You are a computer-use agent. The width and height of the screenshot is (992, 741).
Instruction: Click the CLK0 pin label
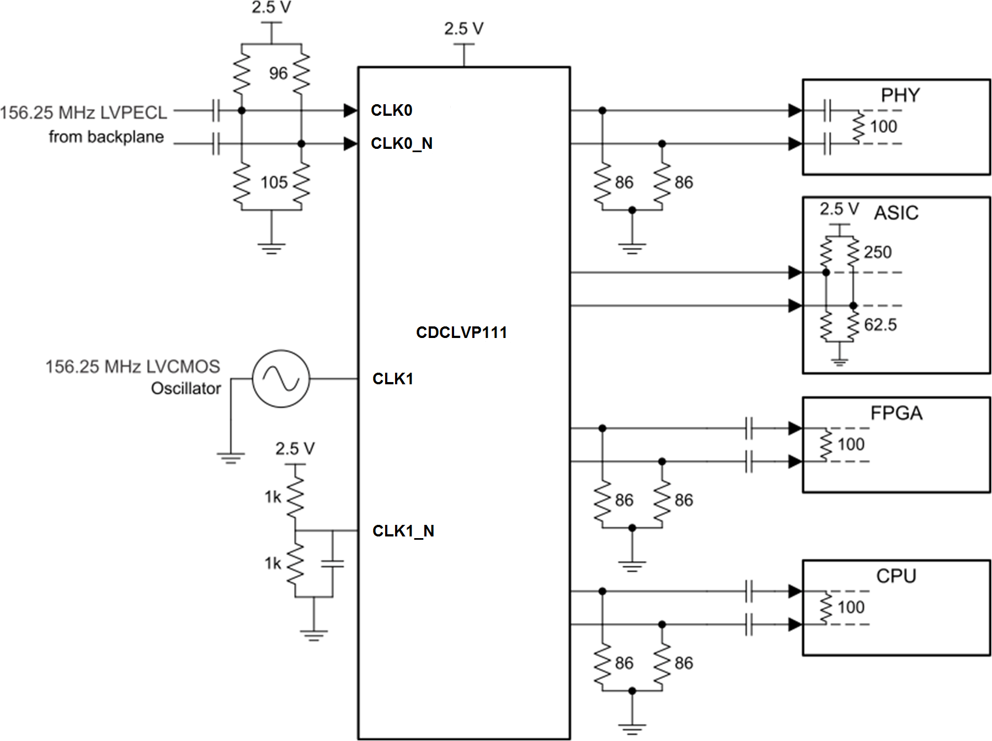tap(391, 110)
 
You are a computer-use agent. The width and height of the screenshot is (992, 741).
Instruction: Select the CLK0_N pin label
tap(401, 143)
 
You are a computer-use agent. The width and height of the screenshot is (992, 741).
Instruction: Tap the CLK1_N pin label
tap(403, 531)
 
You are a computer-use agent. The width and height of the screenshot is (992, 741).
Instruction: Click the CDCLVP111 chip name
tap(461, 332)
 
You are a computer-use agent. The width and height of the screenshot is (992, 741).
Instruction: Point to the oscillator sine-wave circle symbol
tap(281, 379)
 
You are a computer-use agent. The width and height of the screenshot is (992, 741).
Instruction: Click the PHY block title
tap(900, 95)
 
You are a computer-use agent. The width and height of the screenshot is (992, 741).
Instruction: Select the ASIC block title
tap(896, 213)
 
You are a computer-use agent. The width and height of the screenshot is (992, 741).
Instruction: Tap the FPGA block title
tap(896, 413)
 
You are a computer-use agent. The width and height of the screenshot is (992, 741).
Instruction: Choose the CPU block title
tap(896, 576)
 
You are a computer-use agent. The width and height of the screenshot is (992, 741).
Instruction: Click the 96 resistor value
tap(278, 73)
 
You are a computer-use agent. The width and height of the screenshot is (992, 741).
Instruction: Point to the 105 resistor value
tap(274, 182)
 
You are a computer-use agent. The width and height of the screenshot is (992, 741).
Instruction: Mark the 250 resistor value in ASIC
tap(877, 253)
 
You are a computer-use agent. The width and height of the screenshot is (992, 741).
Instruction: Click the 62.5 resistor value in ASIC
tap(880, 325)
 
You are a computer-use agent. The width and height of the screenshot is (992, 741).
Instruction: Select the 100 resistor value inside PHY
tap(883, 127)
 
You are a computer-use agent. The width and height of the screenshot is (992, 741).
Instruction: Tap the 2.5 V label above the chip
tap(463, 29)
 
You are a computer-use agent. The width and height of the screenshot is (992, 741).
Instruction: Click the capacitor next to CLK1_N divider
tap(332, 563)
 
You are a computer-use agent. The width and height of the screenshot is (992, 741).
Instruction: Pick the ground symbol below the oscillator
tap(231, 458)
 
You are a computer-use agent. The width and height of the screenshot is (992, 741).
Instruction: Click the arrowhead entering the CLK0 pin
tap(350, 111)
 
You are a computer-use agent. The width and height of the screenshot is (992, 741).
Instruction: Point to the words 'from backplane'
tap(106, 137)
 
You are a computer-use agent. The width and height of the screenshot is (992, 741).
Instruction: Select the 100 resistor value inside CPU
tap(851, 608)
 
